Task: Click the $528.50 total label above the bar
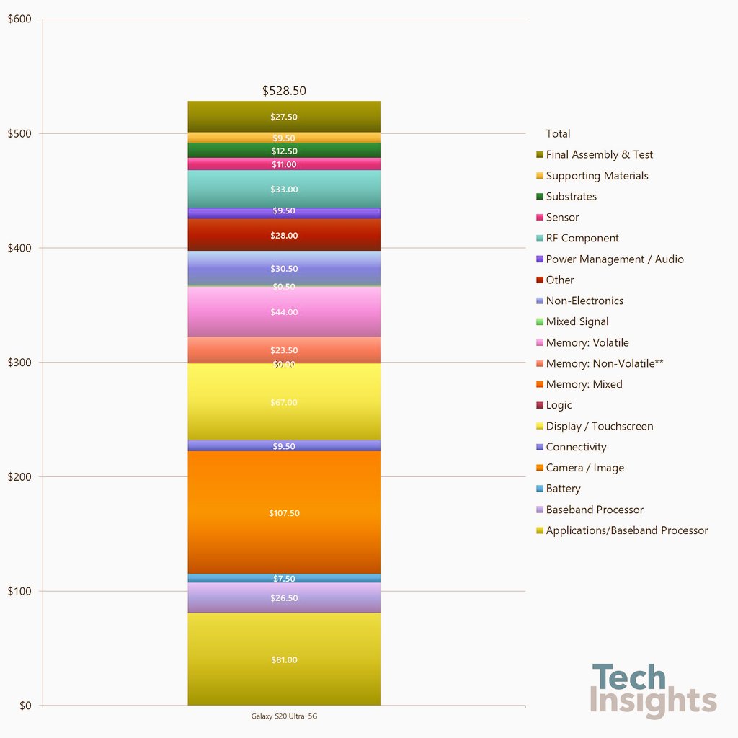[x=284, y=91]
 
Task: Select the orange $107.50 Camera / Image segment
[x=284, y=512]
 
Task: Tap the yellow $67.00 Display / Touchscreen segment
[x=284, y=402]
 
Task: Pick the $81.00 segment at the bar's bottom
[x=284, y=659]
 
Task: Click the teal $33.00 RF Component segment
[x=284, y=189]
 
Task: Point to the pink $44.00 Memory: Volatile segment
[x=284, y=312]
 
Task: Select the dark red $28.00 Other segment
[x=284, y=235]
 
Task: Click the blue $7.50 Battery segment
[x=284, y=578]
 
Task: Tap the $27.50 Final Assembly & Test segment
[x=284, y=117]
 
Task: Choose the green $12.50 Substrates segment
[x=284, y=151]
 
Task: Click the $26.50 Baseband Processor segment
[x=284, y=597]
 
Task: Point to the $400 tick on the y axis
[x=19, y=248]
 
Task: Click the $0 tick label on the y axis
[x=25, y=706]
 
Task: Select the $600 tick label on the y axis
[x=19, y=19]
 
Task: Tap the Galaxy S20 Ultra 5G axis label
[x=284, y=716]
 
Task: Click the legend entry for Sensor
[x=562, y=217]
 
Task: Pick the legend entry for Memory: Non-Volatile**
[x=604, y=363]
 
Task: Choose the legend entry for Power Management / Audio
[x=614, y=259]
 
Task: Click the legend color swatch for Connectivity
[x=540, y=448]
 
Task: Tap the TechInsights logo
[x=653, y=690]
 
